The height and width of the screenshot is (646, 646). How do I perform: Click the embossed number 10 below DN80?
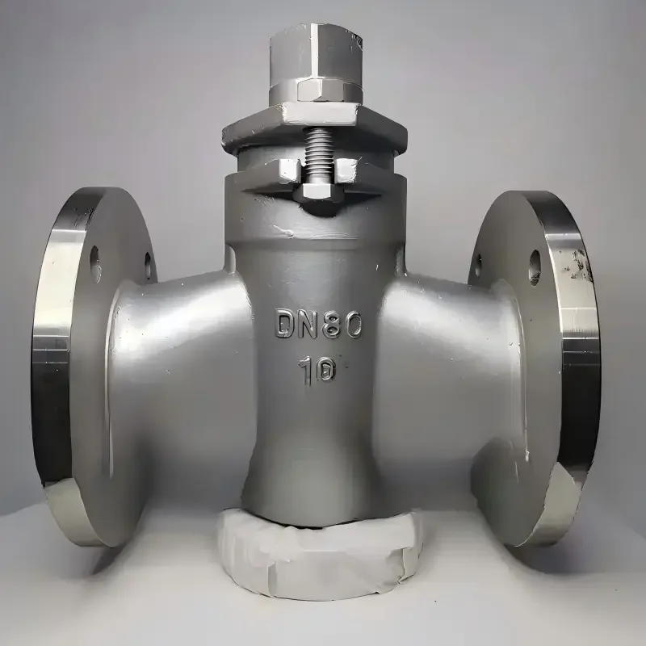pyautogui.click(x=317, y=371)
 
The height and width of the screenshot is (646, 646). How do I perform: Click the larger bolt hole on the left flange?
pyautogui.click(x=94, y=264)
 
